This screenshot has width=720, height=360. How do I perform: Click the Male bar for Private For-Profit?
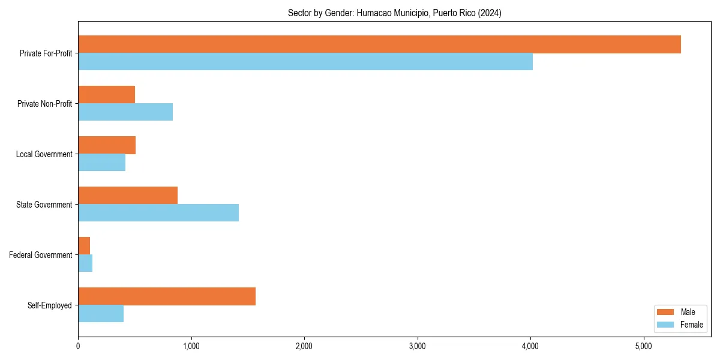[379, 44]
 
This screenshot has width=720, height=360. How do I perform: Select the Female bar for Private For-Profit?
[305, 62]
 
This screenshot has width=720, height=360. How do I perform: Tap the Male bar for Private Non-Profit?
[106, 95]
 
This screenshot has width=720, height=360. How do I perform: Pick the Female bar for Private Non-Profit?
[125, 112]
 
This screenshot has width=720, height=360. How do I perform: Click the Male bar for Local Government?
[107, 145]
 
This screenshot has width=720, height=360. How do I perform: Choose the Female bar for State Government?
[158, 213]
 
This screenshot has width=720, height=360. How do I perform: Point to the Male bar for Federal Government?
[84, 246]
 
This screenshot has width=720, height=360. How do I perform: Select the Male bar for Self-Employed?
[167, 296]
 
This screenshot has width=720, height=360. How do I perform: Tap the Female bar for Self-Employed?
[101, 314]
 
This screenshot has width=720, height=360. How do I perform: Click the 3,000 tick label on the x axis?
[417, 346]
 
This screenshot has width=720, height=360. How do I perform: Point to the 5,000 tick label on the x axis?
[643, 346]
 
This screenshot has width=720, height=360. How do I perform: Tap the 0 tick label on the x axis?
[78, 346]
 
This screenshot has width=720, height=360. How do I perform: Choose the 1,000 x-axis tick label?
[191, 346]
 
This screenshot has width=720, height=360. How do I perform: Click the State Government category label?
[44, 205]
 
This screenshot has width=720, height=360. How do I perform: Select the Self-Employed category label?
[49, 305]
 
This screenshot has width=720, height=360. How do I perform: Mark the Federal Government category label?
[41, 255]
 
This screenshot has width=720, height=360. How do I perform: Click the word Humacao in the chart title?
[372, 13]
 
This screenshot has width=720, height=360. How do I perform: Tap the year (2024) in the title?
[490, 13]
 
